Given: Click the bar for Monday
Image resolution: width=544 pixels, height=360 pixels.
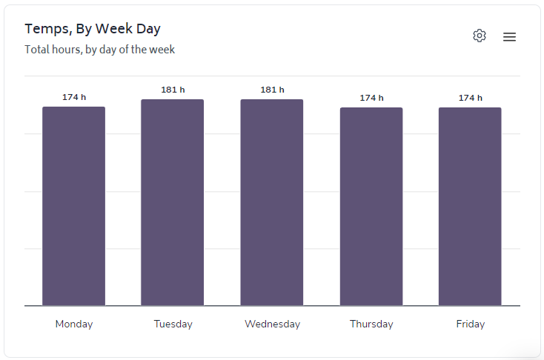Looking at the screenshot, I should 73,206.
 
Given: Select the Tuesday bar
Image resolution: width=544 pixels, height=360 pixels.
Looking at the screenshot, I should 173,202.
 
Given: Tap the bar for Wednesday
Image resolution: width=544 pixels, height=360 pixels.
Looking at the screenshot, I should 272,202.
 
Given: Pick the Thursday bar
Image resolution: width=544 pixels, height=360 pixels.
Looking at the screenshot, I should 371,207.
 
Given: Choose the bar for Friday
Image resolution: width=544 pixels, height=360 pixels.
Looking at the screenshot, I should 470,207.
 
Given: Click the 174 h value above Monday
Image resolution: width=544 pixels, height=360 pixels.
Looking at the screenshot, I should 74,97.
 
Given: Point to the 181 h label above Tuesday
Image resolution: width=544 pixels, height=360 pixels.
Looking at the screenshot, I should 173,90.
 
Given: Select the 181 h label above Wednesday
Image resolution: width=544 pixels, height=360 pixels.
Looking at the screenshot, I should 272,90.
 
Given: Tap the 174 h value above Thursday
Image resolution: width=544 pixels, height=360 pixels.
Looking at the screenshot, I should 371,98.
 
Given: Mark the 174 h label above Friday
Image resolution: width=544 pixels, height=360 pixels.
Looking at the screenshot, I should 470,98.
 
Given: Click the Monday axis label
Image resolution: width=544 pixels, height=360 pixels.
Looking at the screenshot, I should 74,324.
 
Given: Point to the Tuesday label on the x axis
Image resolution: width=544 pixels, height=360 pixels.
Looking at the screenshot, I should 173,324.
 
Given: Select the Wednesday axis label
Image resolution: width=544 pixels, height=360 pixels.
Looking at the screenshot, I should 272,324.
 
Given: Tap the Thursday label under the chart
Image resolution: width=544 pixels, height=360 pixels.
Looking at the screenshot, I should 371,324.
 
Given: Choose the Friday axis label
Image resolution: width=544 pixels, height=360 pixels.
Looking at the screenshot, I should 470,324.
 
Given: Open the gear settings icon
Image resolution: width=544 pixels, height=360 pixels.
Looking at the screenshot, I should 480,36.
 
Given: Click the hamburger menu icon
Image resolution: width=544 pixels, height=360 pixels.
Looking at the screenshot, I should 509,37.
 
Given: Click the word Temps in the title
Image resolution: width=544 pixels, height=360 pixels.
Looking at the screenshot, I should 46,29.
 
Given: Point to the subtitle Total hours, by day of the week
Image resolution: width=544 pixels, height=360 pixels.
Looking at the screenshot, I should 99,50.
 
